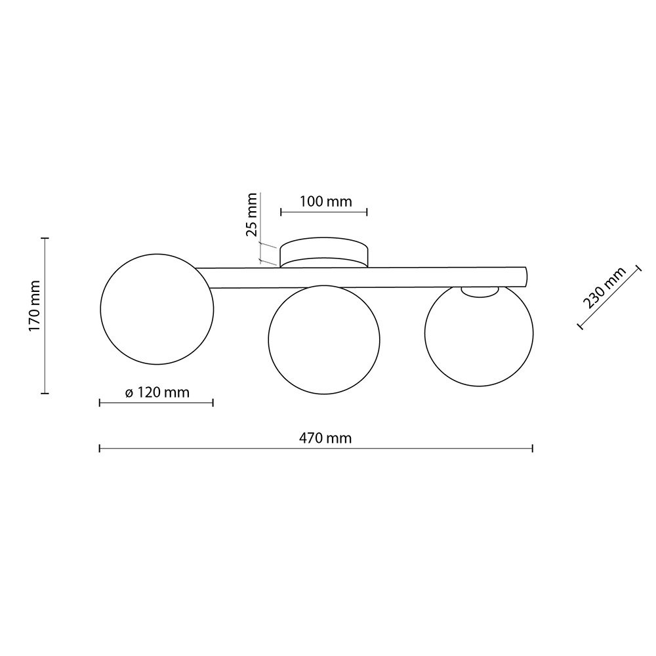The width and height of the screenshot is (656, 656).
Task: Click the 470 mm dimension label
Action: click(x=325, y=438)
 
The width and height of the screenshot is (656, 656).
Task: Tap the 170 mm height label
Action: click(x=34, y=306)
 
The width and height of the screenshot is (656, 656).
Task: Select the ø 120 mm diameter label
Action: click(x=157, y=392)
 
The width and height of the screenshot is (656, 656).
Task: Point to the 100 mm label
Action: click(x=326, y=201)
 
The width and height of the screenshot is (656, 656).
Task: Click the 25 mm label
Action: click(x=251, y=215)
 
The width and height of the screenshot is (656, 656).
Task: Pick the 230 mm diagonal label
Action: click(x=605, y=287)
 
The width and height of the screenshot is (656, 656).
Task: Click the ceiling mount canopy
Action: click(x=324, y=253)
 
